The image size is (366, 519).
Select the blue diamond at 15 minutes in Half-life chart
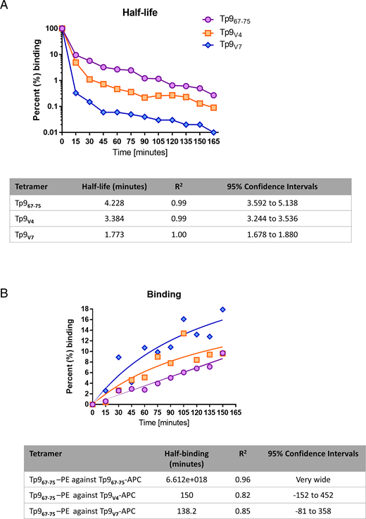pyautogui.click(x=75, y=92)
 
